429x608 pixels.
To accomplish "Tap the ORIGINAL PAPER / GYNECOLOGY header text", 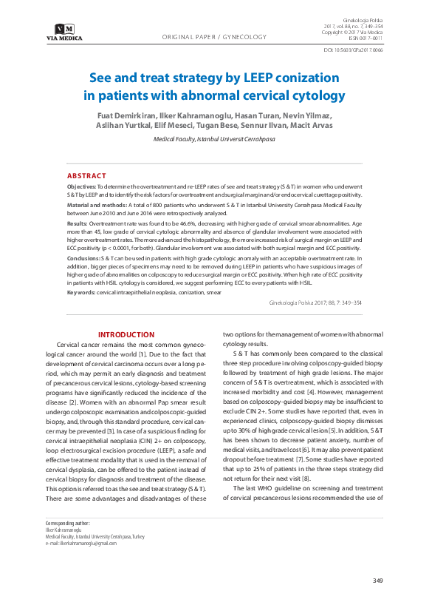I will [x=214, y=36].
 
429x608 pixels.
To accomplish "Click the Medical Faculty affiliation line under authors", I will [x=214, y=139].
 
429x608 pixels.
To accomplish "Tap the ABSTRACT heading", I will [x=86, y=175].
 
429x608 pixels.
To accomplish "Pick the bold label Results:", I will [x=77, y=223].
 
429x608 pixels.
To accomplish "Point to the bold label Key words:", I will [x=81, y=292].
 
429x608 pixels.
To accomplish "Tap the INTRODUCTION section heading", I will [x=126, y=335].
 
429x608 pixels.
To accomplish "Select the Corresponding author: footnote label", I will [x=67, y=523].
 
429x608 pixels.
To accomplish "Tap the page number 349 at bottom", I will [x=377, y=580].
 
